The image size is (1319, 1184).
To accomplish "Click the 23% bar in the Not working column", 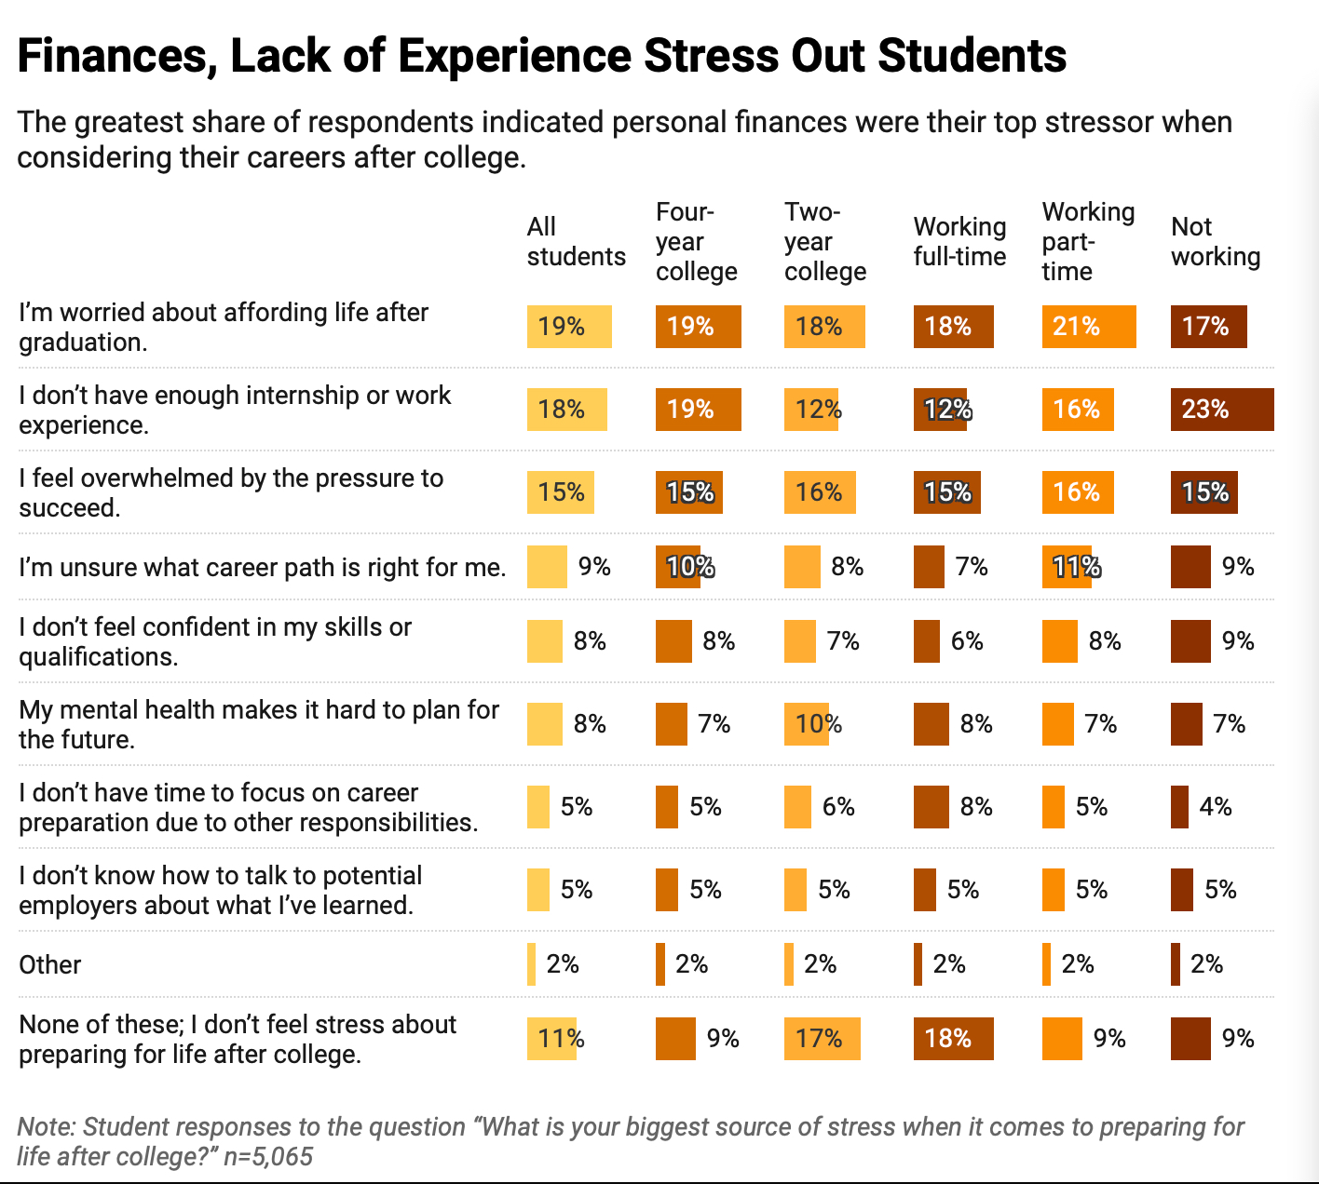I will [x=1221, y=410].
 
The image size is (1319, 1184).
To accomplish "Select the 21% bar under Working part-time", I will [x=1088, y=327].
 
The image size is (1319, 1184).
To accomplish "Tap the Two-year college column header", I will [x=824, y=242].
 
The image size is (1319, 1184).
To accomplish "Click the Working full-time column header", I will [x=959, y=242].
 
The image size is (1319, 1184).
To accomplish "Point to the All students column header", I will [x=576, y=242].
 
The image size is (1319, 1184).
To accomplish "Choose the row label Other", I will [x=50, y=964].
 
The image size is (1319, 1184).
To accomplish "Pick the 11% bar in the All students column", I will [x=551, y=1039].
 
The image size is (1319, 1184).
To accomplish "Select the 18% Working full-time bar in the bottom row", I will [x=953, y=1039].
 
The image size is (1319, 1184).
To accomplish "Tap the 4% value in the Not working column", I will [x=1216, y=807].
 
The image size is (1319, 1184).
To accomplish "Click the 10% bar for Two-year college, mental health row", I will [x=806, y=724].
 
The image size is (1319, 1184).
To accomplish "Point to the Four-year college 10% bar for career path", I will [x=677, y=567].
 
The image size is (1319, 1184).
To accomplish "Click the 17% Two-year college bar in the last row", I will [x=822, y=1039].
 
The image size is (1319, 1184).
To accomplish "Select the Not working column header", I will [x=1215, y=242].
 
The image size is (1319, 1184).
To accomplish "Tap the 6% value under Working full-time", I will [x=967, y=641].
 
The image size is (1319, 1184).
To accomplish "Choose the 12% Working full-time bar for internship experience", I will [x=940, y=410].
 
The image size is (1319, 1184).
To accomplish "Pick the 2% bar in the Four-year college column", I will [x=660, y=964].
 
